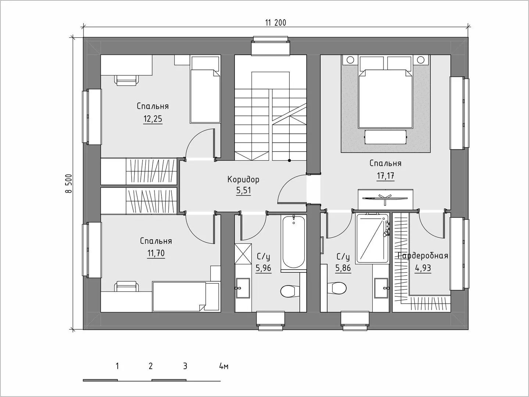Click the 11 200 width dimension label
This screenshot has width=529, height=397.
tap(276, 23)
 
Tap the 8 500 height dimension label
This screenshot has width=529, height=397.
tap(68, 183)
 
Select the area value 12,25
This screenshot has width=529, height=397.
tap(153, 119)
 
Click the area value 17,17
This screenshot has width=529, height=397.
tap(386, 176)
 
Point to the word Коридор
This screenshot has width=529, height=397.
tap(243, 179)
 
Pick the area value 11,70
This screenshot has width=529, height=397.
tap(156, 253)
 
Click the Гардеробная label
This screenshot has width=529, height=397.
tap(423, 255)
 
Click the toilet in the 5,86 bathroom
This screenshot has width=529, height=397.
tap(337, 287)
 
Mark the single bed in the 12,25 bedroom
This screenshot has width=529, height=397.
tap(205, 90)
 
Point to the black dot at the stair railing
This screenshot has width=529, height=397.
tap(289, 160)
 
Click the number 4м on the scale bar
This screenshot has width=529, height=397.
tap(224, 366)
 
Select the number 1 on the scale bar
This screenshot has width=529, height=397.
tap(117, 366)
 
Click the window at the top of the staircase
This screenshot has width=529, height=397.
tap(271, 46)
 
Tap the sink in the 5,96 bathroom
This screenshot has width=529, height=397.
tap(243, 288)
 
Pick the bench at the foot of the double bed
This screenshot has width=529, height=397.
tap(385, 137)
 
